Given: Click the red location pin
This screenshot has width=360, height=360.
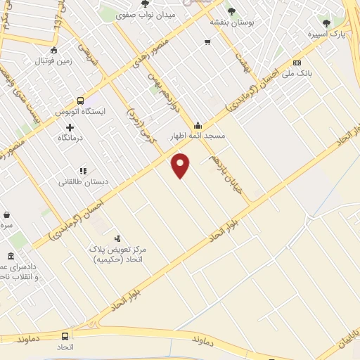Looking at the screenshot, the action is coord(181,165).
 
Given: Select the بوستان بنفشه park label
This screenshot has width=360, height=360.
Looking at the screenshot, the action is coord(231,22).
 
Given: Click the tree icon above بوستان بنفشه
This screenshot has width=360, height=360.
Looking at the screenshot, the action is coord(231,11).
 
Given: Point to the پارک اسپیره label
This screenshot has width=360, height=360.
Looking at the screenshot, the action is coord(328,33).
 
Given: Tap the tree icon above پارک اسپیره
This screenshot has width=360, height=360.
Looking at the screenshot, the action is coord(325,22).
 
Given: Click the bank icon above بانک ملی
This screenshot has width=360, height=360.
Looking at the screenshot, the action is coord(297,62).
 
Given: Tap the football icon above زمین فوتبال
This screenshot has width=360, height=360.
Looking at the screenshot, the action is coord(54,50).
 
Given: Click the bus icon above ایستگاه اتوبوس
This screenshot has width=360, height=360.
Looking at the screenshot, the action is coord(80,101).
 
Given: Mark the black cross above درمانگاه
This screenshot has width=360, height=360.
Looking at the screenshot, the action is coord(70,127).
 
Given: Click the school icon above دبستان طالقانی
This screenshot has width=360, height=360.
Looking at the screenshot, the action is coord(83,170).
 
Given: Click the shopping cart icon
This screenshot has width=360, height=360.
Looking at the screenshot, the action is coord(207,42).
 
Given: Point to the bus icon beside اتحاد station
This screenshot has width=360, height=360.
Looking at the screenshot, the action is coord(65,336).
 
